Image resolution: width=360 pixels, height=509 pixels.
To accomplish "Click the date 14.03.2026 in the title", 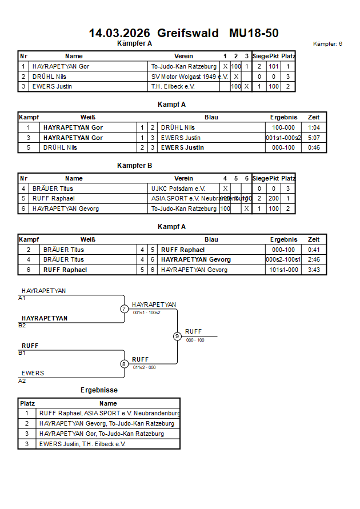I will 119,33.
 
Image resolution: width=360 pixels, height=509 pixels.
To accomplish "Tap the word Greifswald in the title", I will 188,33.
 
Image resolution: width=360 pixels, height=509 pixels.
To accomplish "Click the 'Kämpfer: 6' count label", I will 327,44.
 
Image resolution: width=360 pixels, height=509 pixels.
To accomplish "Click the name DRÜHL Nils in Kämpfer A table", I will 46,77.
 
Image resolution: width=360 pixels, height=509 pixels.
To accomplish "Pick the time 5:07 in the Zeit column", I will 314,138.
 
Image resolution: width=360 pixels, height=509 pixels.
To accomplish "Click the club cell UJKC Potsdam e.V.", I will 178,189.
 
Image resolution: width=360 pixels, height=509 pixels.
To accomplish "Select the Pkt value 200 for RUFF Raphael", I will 274,198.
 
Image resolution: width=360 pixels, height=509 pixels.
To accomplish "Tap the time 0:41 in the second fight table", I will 314,250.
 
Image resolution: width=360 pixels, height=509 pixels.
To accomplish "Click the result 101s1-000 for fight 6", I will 283,270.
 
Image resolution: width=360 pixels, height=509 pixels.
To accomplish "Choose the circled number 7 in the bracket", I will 124,309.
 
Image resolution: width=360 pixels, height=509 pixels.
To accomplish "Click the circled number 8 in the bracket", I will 124,364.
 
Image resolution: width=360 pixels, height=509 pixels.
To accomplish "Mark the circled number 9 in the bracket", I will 177,336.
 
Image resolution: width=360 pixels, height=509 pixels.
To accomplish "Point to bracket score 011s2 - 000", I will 144,367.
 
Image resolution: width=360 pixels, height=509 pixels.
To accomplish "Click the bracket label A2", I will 22,380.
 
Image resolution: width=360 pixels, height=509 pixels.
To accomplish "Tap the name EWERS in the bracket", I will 33,373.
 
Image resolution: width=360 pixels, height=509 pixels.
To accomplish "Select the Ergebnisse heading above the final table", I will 99,390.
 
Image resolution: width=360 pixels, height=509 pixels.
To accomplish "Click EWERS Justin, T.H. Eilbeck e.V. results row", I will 82,444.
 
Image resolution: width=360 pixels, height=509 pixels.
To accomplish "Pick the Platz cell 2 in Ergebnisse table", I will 27,424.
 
